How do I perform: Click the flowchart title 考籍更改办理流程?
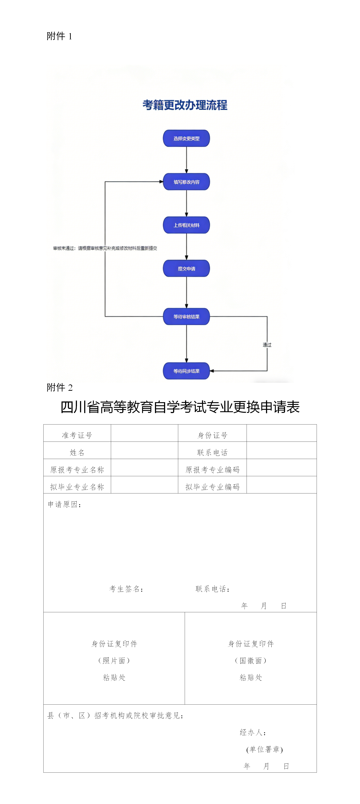(185, 105)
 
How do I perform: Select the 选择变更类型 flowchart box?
(186, 138)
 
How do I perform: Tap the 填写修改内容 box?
(186, 182)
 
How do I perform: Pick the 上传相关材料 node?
(186, 225)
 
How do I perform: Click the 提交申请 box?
(186, 268)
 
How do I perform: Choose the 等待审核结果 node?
(186, 317)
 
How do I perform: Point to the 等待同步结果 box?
(186, 371)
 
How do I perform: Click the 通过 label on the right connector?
(267, 344)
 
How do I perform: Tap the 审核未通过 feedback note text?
(105, 248)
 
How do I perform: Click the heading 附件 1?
(59, 36)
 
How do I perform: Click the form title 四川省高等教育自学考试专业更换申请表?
(180, 407)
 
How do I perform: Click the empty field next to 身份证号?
(282, 433)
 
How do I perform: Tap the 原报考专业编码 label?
(212, 469)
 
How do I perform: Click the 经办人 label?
(253, 732)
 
